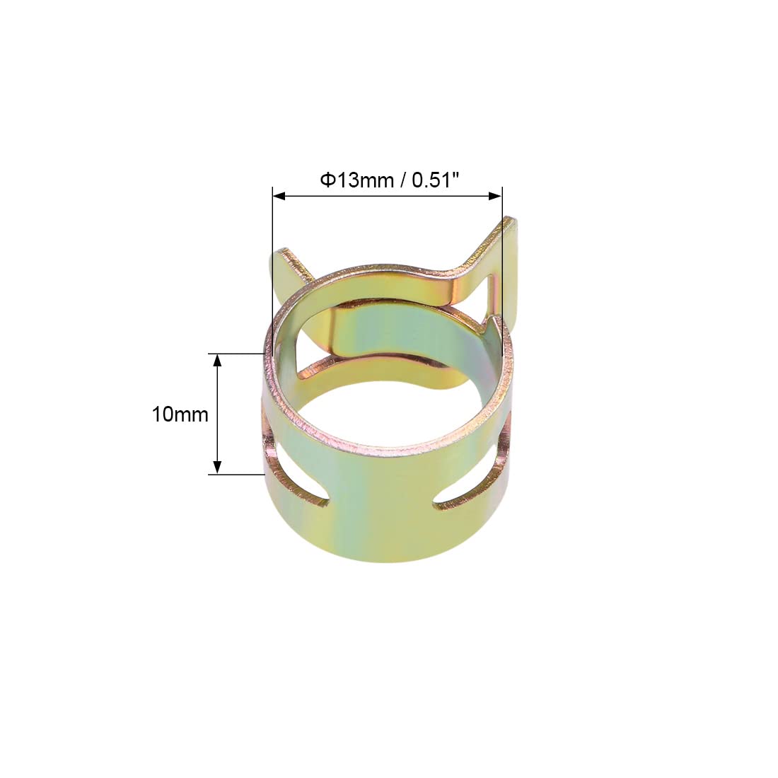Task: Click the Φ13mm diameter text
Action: point(356,180)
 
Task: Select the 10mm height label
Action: point(180,414)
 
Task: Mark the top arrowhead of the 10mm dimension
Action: point(217,360)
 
